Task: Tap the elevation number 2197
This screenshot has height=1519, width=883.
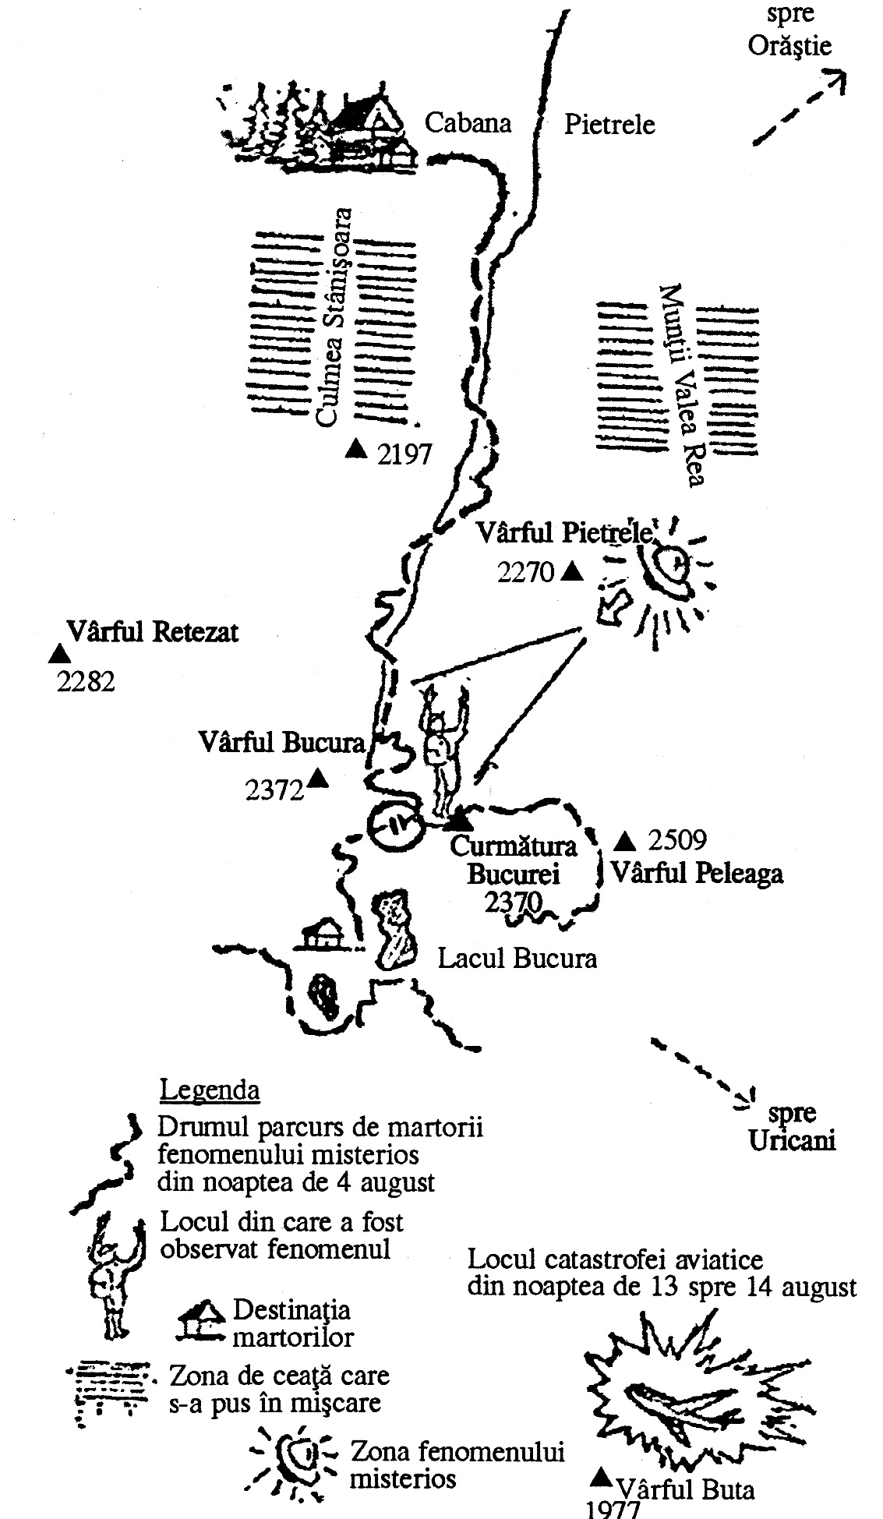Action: pos(404,454)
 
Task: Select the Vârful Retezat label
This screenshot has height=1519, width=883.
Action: pos(152,631)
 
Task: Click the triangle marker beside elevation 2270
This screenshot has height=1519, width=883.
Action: pos(573,572)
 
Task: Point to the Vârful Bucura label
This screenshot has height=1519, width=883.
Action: pos(281,741)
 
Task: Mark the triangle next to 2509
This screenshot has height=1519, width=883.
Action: pos(624,840)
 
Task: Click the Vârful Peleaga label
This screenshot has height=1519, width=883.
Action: pos(697,873)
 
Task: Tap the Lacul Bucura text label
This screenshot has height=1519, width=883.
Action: pos(517,957)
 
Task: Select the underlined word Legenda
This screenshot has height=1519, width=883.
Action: pos(209,1090)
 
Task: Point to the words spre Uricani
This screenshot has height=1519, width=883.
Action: pos(792,1361)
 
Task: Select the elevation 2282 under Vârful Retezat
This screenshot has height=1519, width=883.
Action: pos(87,682)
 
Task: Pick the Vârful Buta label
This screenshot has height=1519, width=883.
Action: pos(685,1490)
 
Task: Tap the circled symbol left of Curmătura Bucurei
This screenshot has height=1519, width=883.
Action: pos(395,824)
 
